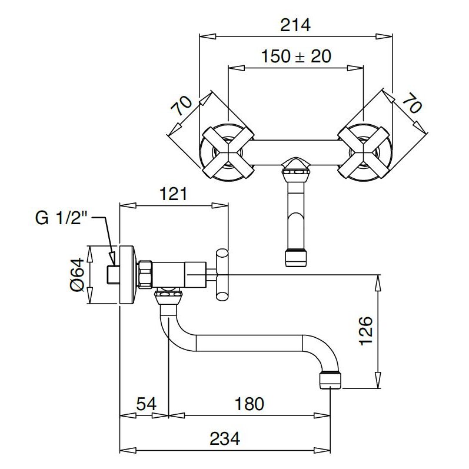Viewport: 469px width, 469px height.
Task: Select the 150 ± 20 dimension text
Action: [x=296, y=56]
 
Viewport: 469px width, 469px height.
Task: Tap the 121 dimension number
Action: [x=174, y=194]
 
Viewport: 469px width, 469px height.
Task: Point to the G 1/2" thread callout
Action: [x=61, y=218]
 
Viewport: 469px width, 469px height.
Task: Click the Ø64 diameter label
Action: [x=77, y=275]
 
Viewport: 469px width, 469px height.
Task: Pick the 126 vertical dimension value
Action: [x=366, y=331]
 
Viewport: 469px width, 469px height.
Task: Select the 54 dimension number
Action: [x=147, y=404]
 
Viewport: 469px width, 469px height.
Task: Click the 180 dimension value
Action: [x=250, y=404]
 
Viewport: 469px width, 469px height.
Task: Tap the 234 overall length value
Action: [x=225, y=439]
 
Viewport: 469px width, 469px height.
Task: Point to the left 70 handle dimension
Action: [x=181, y=105]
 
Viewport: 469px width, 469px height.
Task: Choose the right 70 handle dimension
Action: [x=412, y=103]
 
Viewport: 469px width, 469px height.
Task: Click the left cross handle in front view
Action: [x=228, y=152]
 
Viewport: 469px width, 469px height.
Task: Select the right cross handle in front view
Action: [x=364, y=152]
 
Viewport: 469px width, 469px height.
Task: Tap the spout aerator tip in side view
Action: [x=330, y=380]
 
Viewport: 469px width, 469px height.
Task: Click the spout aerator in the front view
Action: [x=296, y=258]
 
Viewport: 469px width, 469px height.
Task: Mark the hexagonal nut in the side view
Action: [x=145, y=275]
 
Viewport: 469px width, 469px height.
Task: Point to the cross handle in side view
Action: [x=222, y=275]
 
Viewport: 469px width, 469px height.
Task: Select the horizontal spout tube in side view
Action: [x=249, y=343]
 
